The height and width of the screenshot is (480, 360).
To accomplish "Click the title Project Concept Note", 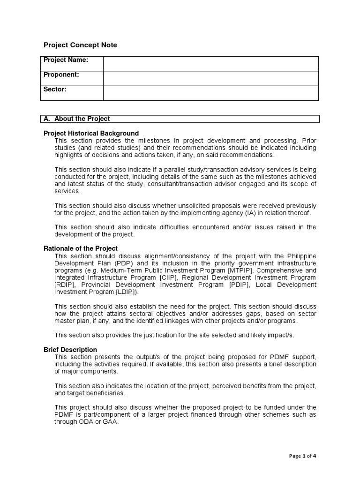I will pos(80,45).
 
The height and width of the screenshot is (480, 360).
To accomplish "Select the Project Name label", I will pos(66,60).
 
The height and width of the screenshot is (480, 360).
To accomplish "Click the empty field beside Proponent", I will pos(210,78).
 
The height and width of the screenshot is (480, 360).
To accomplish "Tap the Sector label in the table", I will pos(55,89).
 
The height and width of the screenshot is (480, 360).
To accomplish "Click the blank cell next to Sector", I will pos(210,93).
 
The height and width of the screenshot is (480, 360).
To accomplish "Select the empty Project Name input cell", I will pos(210,64).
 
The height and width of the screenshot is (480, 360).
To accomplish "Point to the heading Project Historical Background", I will pos(91,133).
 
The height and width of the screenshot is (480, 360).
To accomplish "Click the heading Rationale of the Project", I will pos(80,248).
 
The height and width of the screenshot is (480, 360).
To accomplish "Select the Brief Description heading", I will pos(70,350).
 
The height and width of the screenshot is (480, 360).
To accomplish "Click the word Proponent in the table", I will pos(61,75).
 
